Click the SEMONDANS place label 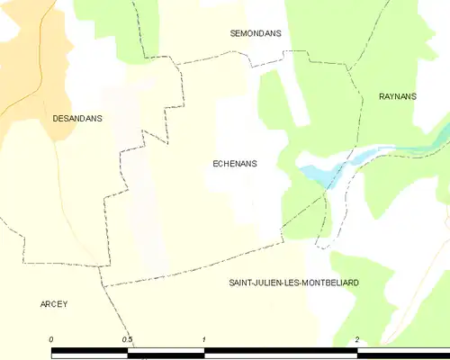pyautogui.click(x=256, y=33)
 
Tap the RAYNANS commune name pyautogui.click(x=397, y=96)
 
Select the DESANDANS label pyautogui.click(x=76, y=118)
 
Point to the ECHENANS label pyautogui.click(x=234, y=164)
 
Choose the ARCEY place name pyautogui.click(x=54, y=304)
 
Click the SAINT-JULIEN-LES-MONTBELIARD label pyautogui.click(x=294, y=283)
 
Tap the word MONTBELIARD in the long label pyautogui.click(x=331, y=283)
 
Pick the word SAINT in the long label pyautogui.click(x=243, y=283)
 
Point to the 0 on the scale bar pyautogui.click(x=51, y=338)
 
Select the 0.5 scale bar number pyautogui.click(x=128, y=338)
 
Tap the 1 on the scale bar pyautogui.click(x=204, y=338)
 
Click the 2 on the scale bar pyautogui.click(x=357, y=338)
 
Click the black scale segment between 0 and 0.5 pyautogui.click(x=90, y=347)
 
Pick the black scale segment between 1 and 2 pyautogui.click(x=281, y=347)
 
